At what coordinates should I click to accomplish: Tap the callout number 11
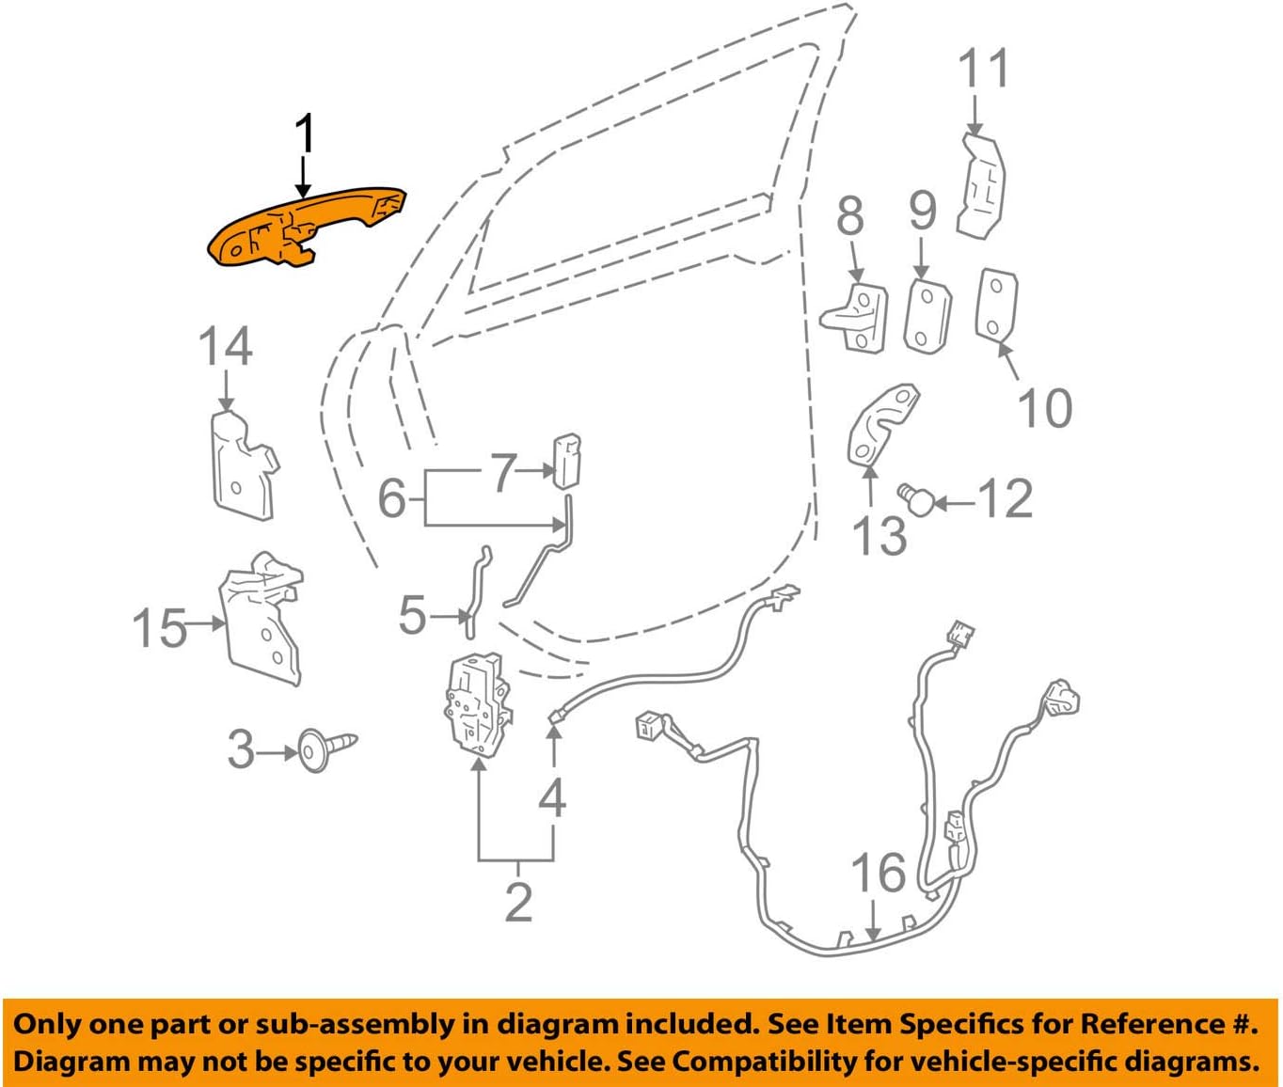click(x=984, y=70)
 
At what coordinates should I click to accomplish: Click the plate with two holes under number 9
click(x=927, y=314)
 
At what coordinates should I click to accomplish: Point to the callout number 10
click(x=1044, y=408)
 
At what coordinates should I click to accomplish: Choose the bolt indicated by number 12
click(x=915, y=497)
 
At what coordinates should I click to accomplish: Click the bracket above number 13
click(x=882, y=423)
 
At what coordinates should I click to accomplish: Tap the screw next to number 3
click(x=325, y=748)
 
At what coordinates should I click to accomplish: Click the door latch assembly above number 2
click(x=478, y=706)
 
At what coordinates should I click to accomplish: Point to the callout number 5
click(x=413, y=616)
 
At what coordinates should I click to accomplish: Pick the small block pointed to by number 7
click(x=565, y=460)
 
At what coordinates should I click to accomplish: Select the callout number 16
click(x=879, y=873)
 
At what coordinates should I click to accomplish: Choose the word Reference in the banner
click(x=1148, y=1024)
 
